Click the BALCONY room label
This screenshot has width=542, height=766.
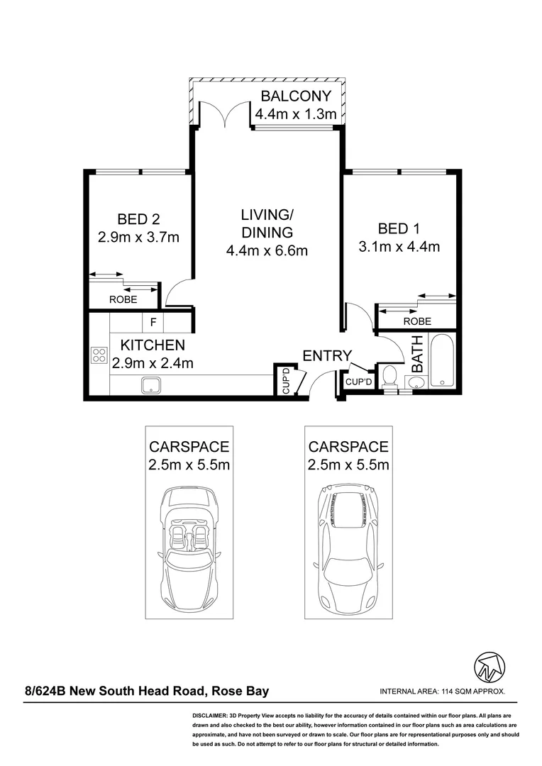296,97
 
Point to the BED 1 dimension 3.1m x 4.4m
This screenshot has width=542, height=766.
399,247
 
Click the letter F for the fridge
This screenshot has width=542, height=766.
153,323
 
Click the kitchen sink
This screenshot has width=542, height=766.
150,386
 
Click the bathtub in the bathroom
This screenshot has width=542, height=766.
441,360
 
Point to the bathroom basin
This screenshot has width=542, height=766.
416,384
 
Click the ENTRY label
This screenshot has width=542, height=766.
327,356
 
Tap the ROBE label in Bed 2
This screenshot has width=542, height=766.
123,300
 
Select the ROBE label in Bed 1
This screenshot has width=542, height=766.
416,321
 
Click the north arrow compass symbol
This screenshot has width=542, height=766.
489,667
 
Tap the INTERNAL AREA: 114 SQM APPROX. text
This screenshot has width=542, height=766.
442,692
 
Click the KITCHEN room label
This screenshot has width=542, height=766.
153,345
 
